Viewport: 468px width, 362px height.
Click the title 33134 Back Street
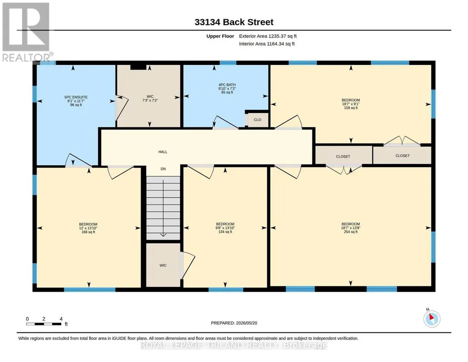pos(234,22)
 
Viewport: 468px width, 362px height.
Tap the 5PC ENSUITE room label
pos(76,101)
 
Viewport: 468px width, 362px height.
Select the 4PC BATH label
pos(227,88)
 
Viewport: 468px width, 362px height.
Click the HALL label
pos(163,152)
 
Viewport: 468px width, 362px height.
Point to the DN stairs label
pos(163,169)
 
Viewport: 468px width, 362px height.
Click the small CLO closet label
pos(257,120)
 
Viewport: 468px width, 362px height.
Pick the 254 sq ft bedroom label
pos(351,228)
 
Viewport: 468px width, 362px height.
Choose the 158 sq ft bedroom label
pos(351,104)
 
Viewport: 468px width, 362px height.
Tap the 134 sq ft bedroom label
pos(225,228)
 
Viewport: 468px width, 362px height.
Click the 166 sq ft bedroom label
pos(88,228)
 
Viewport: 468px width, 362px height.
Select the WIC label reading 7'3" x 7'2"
pos(150,98)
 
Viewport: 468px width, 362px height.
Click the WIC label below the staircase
pos(163,265)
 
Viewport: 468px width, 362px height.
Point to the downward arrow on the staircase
pos(163,208)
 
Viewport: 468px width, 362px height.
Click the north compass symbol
pos(431,318)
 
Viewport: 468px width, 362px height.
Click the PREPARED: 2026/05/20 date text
pos(234,323)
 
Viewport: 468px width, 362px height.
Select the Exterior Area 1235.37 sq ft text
pos(268,36)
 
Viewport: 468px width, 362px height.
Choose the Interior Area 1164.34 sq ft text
pos(267,43)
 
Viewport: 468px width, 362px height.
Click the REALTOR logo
pos(27,32)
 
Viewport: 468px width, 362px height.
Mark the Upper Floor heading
pos(220,36)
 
